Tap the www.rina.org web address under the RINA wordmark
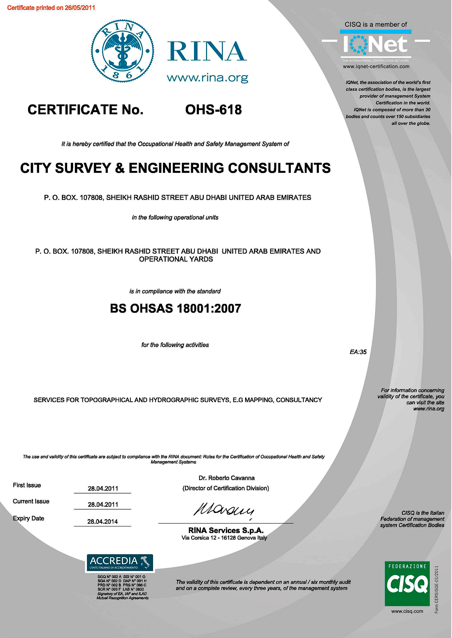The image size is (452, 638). tap(207, 78)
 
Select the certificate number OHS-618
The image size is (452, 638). tap(213, 110)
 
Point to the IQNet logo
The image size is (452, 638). tap(375, 45)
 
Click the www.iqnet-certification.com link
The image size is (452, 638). tap(376, 66)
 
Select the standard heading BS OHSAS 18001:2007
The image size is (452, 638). tap(175, 308)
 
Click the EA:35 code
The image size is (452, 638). tap(358, 352)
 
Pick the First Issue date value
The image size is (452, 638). tap(103, 488)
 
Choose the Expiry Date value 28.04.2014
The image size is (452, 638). tap(102, 522)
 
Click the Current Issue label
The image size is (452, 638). tap(31, 501)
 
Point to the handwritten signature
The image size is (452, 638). tap(224, 510)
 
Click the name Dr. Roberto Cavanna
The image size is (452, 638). tap(226, 478)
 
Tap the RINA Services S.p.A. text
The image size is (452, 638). tap(226, 530)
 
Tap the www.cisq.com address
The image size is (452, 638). tap(407, 611)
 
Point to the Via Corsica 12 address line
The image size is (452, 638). tap(224, 538)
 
